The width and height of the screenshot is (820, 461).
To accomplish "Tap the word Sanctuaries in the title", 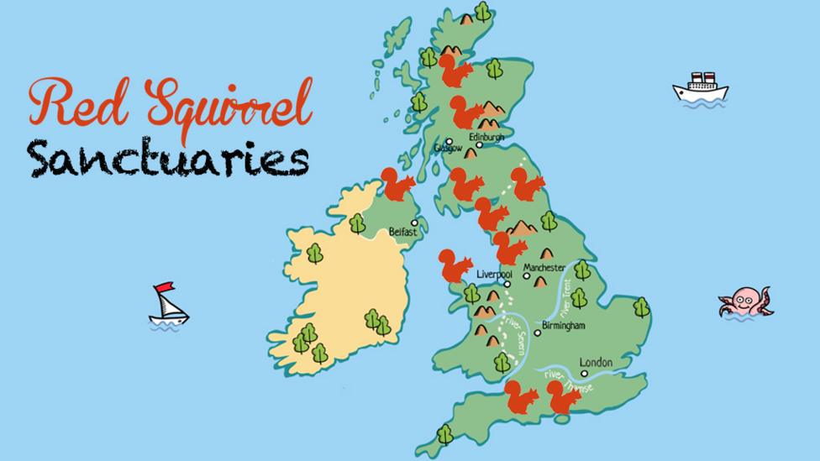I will click(x=166, y=156).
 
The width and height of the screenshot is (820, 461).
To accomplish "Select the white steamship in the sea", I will click(x=699, y=87).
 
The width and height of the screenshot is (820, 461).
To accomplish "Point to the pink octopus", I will click(x=744, y=301).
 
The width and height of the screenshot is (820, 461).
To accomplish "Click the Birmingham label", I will click(x=564, y=325).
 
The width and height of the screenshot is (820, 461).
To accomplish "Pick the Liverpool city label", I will click(x=494, y=274).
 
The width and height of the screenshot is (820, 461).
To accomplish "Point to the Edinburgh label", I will click(x=486, y=137).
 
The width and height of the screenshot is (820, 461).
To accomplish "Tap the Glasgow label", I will click(x=448, y=149).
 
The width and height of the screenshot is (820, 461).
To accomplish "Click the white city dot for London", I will click(x=584, y=373).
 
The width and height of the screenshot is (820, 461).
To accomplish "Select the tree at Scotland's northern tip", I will click(x=482, y=11).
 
